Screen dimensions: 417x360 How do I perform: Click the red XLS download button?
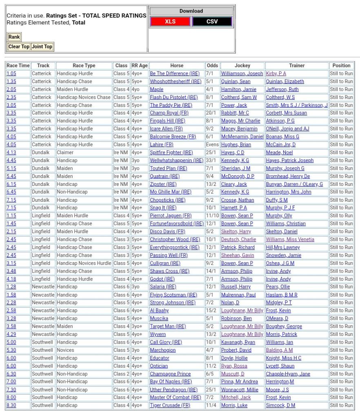(x=170, y=22)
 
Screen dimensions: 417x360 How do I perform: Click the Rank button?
(x=14, y=37)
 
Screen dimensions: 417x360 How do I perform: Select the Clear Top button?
(x=19, y=46)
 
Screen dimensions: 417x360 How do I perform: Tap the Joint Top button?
(x=42, y=46)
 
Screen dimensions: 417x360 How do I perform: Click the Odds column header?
(x=212, y=66)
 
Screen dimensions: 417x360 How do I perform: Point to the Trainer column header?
(x=297, y=66)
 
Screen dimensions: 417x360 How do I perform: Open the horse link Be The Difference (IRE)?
(x=174, y=74)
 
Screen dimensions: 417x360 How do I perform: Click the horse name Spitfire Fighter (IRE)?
(x=171, y=152)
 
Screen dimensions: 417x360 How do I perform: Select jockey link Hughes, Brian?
(x=236, y=145)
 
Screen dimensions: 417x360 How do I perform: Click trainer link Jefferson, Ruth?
(x=282, y=89)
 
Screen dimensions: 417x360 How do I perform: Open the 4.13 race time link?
(x=11, y=152)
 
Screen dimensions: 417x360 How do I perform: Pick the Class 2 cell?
(x=121, y=374)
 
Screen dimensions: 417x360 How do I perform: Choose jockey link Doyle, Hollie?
(x=234, y=358)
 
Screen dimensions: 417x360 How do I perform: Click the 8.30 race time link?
(x=11, y=406)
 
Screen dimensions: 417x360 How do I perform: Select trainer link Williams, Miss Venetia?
(x=290, y=240)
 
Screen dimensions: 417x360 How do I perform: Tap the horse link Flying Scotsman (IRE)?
(x=173, y=295)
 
